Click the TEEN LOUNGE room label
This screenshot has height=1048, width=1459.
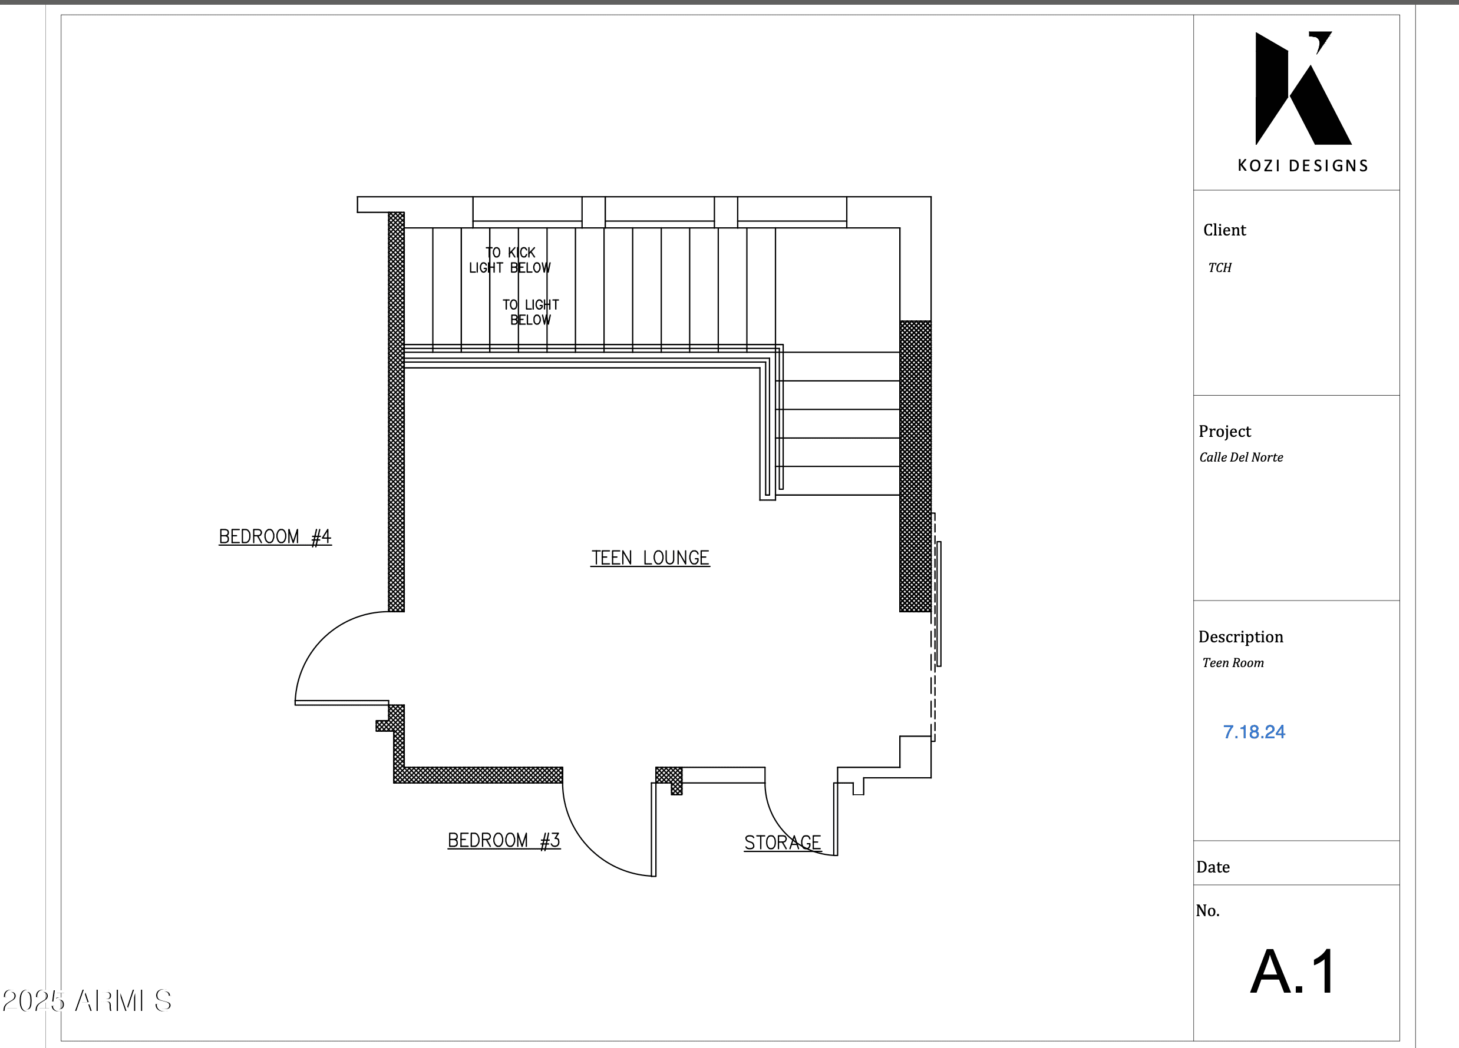pyautogui.click(x=650, y=558)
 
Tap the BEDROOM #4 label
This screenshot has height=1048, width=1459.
pyautogui.click(x=275, y=536)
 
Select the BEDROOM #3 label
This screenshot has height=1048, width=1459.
pyautogui.click(x=504, y=840)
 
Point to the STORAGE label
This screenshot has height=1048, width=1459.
pyautogui.click(x=783, y=843)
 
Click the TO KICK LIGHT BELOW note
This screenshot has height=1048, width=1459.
pyautogui.click(x=510, y=260)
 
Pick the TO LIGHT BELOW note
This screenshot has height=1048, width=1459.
pyautogui.click(x=531, y=312)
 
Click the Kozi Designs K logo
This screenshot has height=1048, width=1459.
pyautogui.click(x=1303, y=88)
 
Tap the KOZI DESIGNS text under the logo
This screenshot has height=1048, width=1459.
pyautogui.click(x=1303, y=166)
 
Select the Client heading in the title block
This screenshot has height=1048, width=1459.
pyautogui.click(x=1224, y=230)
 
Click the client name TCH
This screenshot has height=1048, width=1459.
pyautogui.click(x=1220, y=267)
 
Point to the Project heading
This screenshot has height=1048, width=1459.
pyautogui.click(x=1224, y=432)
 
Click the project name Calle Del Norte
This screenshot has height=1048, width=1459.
pyautogui.click(x=1241, y=457)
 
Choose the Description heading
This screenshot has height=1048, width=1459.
pyautogui.click(x=1240, y=636)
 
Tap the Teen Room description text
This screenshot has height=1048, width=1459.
pyautogui.click(x=1233, y=662)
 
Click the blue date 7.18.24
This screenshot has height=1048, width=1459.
pyautogui.click(x=1254, y=732)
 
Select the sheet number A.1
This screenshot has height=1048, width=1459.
pyautogui.click(x=1293, y=971)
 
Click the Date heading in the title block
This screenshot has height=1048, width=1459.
pyautogui.click(x=1213, y=867)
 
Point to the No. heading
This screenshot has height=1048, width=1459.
pyautogui.click(x=1207, y=910)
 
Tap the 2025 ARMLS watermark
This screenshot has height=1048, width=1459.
pyautogui.click(x=87, y=1000)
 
